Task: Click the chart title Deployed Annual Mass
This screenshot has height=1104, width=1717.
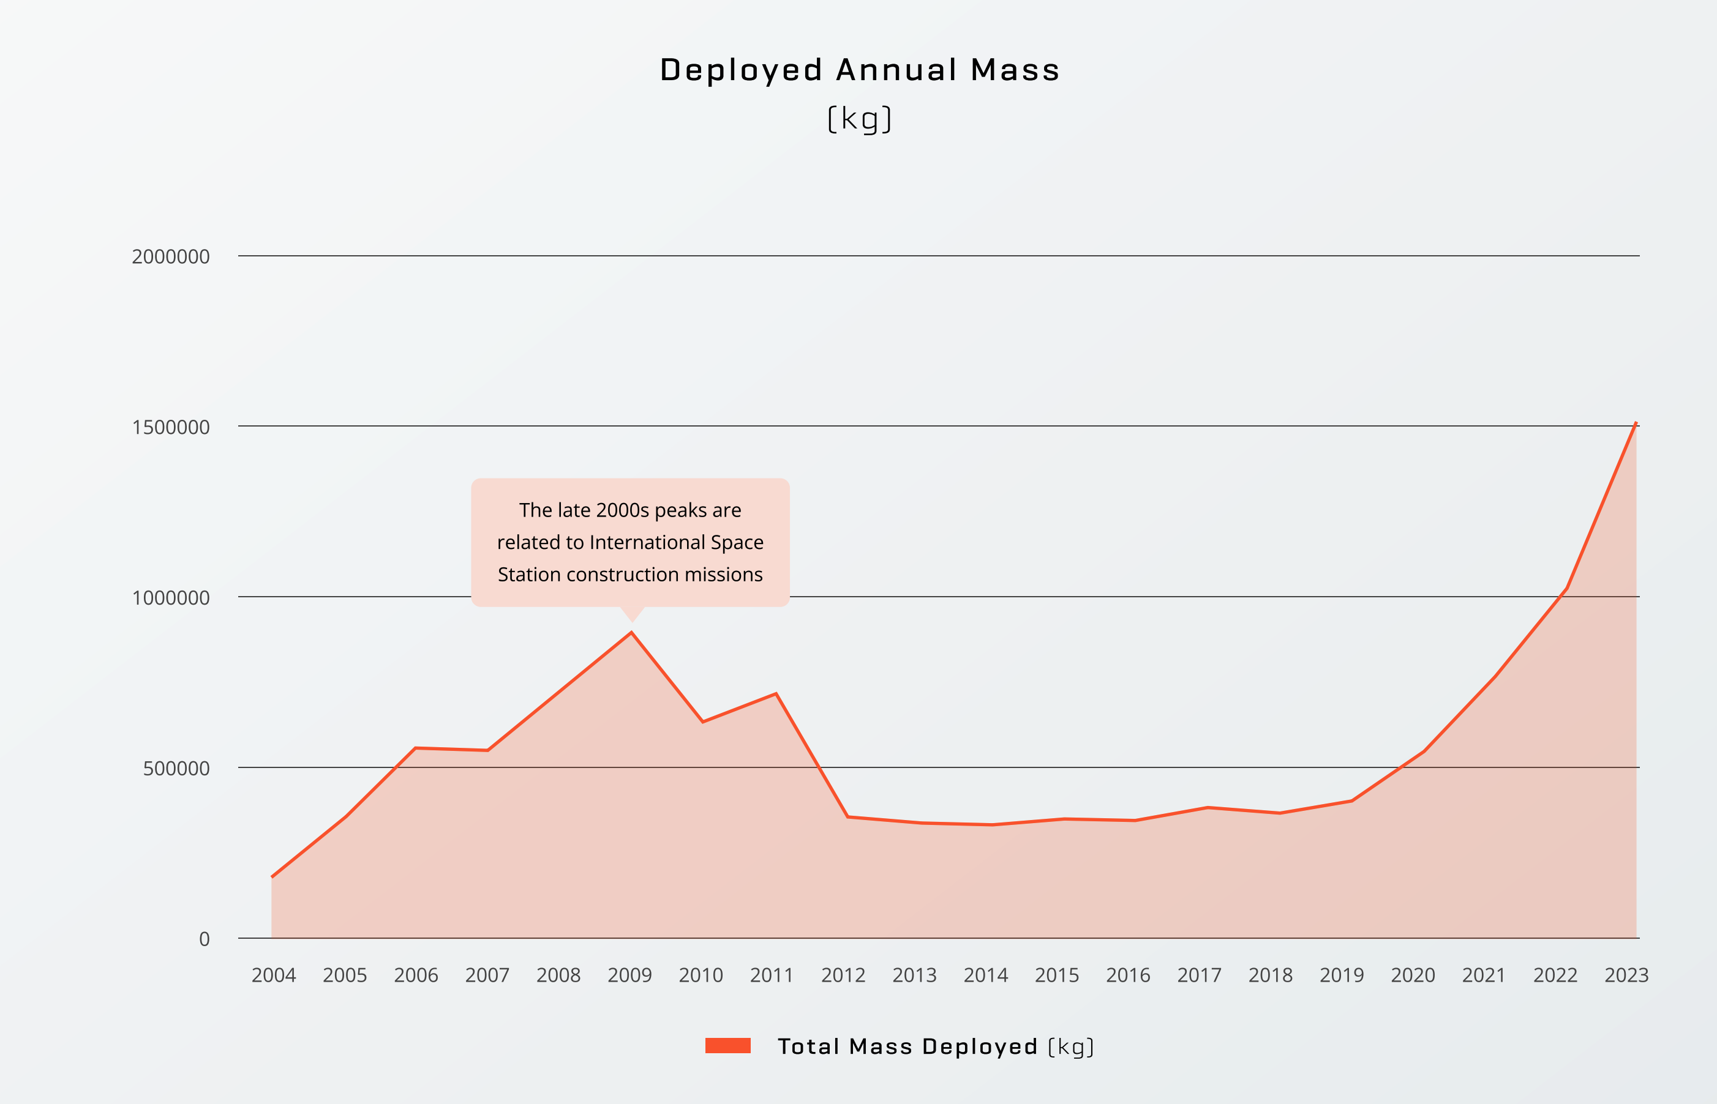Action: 859,70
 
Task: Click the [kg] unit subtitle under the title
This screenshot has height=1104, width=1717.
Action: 859,119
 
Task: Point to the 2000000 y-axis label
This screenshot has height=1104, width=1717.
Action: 171,256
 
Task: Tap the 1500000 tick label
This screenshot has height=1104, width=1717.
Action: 171,427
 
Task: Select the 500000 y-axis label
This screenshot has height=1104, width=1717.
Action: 176,769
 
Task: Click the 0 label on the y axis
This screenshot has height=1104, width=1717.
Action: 205,939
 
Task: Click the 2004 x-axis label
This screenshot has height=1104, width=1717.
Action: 273,975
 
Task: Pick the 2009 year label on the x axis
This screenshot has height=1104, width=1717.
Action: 629,975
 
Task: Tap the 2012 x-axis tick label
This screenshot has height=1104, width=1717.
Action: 843,975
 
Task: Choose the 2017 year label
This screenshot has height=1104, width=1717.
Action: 1199,975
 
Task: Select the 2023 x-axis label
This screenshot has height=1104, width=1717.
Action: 1626,975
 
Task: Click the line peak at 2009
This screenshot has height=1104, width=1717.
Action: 631,632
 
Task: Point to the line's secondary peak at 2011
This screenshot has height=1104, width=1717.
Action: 776,693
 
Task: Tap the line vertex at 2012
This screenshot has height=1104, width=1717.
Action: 847,816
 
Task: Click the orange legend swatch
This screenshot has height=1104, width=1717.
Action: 727,1046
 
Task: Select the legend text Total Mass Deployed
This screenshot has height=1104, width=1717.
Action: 907,1046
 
